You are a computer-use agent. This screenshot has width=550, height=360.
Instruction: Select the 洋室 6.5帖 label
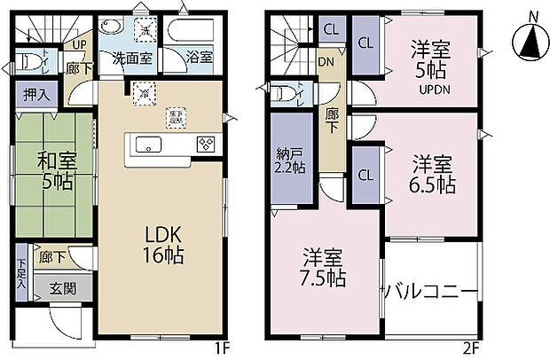pyautogui.click(x=433, y=174)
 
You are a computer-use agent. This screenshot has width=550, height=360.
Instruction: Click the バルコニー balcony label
pyautogui.click(x=431, y=293)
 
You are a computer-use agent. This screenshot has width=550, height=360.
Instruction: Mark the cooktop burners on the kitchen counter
pyautogui.click(x=204, y=145)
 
